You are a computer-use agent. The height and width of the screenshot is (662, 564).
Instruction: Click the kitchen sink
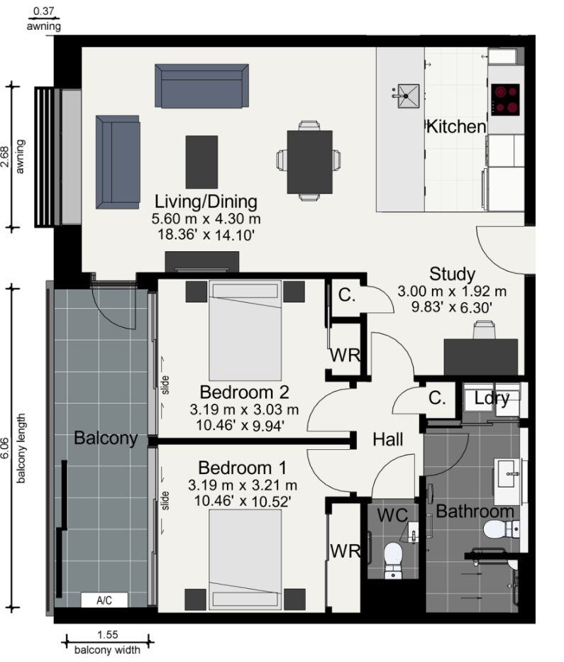pos(408,96)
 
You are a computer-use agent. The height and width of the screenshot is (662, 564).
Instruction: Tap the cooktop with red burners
pos(505,99)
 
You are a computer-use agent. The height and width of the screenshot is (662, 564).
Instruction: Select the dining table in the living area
pos(309,162)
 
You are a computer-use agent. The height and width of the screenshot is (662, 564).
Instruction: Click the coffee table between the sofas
pos(201,162)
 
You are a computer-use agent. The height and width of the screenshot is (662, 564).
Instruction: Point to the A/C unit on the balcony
pos(104,600)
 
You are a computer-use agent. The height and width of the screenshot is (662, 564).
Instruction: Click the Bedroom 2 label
pos(245,392)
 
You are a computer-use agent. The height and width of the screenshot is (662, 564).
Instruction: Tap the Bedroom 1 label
pos(243,468)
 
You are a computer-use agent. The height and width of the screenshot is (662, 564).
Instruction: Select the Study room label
pos(452,275)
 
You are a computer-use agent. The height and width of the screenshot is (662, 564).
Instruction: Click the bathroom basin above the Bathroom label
pos(509,481)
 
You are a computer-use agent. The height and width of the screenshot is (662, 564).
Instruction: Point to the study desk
pos(481,356)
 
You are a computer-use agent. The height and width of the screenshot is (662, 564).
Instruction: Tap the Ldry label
pos(492,399)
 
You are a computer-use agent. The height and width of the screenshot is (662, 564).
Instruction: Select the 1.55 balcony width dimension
pos(108,634)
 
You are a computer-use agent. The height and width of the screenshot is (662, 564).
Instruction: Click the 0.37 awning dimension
pos(44,11)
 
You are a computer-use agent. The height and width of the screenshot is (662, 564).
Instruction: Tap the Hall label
pos(387,439)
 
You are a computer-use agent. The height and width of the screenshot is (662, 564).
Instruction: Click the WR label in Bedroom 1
pos(345,551)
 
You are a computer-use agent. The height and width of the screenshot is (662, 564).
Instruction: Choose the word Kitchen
pos(456,127)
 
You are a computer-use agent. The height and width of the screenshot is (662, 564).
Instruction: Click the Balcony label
pos(106,438)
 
